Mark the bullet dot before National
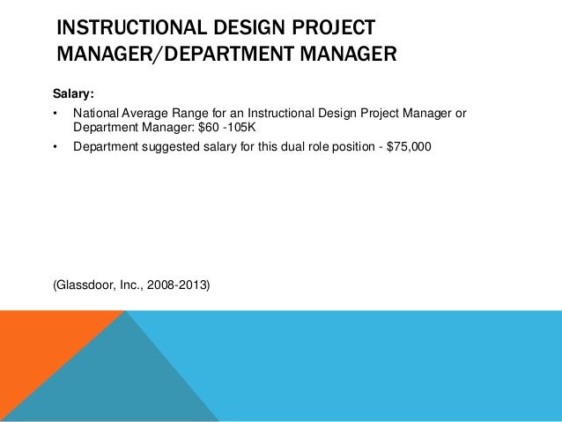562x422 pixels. [56, 115]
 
